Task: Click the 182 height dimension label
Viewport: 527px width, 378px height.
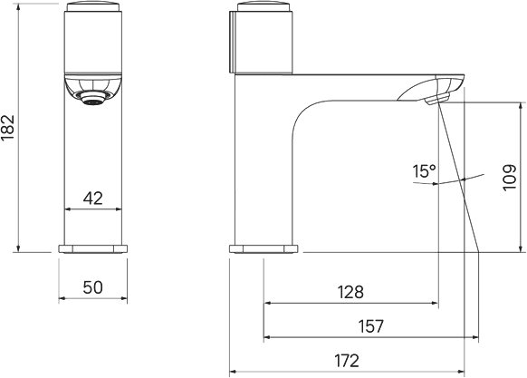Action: tap(8, 128)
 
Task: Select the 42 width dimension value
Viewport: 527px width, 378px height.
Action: tap(92, 199)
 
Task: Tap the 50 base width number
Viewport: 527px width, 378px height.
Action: tap(92, 287)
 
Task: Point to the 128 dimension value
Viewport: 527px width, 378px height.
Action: tap(350, 292)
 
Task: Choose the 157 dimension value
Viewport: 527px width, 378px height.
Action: tap(370, 326)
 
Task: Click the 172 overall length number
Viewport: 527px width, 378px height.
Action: tap(347, 361)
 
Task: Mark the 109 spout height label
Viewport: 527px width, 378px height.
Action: tap(510, 178)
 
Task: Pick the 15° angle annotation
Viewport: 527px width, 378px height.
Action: tap(424, 171)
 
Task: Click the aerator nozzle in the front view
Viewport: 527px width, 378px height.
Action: tap(92, 98)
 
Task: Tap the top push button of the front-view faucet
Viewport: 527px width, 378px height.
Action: tap(92, 6)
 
